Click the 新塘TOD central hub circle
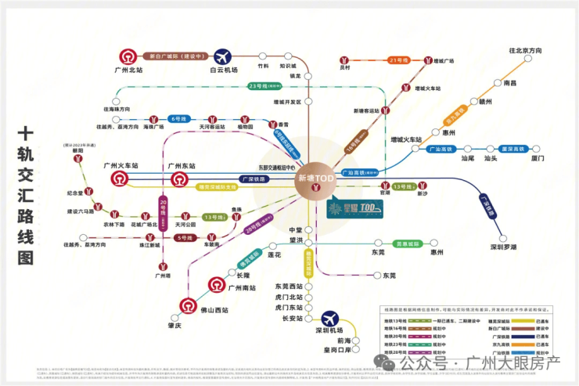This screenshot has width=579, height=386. tap(316, 179)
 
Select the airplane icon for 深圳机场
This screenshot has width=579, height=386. tap(330, 319)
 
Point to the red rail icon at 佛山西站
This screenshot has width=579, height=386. tap(189, 305)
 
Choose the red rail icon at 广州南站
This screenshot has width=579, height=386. tap(217, 285)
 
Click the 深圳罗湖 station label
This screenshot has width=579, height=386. tap(506, 247)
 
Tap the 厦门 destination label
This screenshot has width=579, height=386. tap(538, 158)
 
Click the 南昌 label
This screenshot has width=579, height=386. tap(510, 82)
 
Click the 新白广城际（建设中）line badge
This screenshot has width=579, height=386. tap(176, 56)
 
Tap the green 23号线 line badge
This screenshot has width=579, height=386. tap(257, 86)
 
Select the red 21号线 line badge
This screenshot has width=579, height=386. tap(397, 60)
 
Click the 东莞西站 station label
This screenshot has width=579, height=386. tap(288, 287)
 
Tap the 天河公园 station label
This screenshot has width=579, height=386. tap(185, 225)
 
